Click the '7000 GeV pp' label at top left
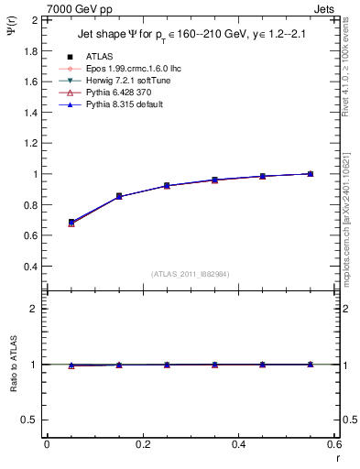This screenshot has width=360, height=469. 80,9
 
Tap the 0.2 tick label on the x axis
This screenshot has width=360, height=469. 143,444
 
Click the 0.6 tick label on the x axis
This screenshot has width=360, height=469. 333,444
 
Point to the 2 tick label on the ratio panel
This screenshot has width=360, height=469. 34,309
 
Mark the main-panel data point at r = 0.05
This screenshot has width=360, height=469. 71,223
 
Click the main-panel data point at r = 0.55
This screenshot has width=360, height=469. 311,174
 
